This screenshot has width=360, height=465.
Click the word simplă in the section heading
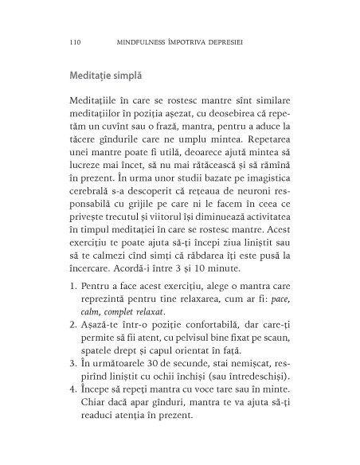coord(128,77)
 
